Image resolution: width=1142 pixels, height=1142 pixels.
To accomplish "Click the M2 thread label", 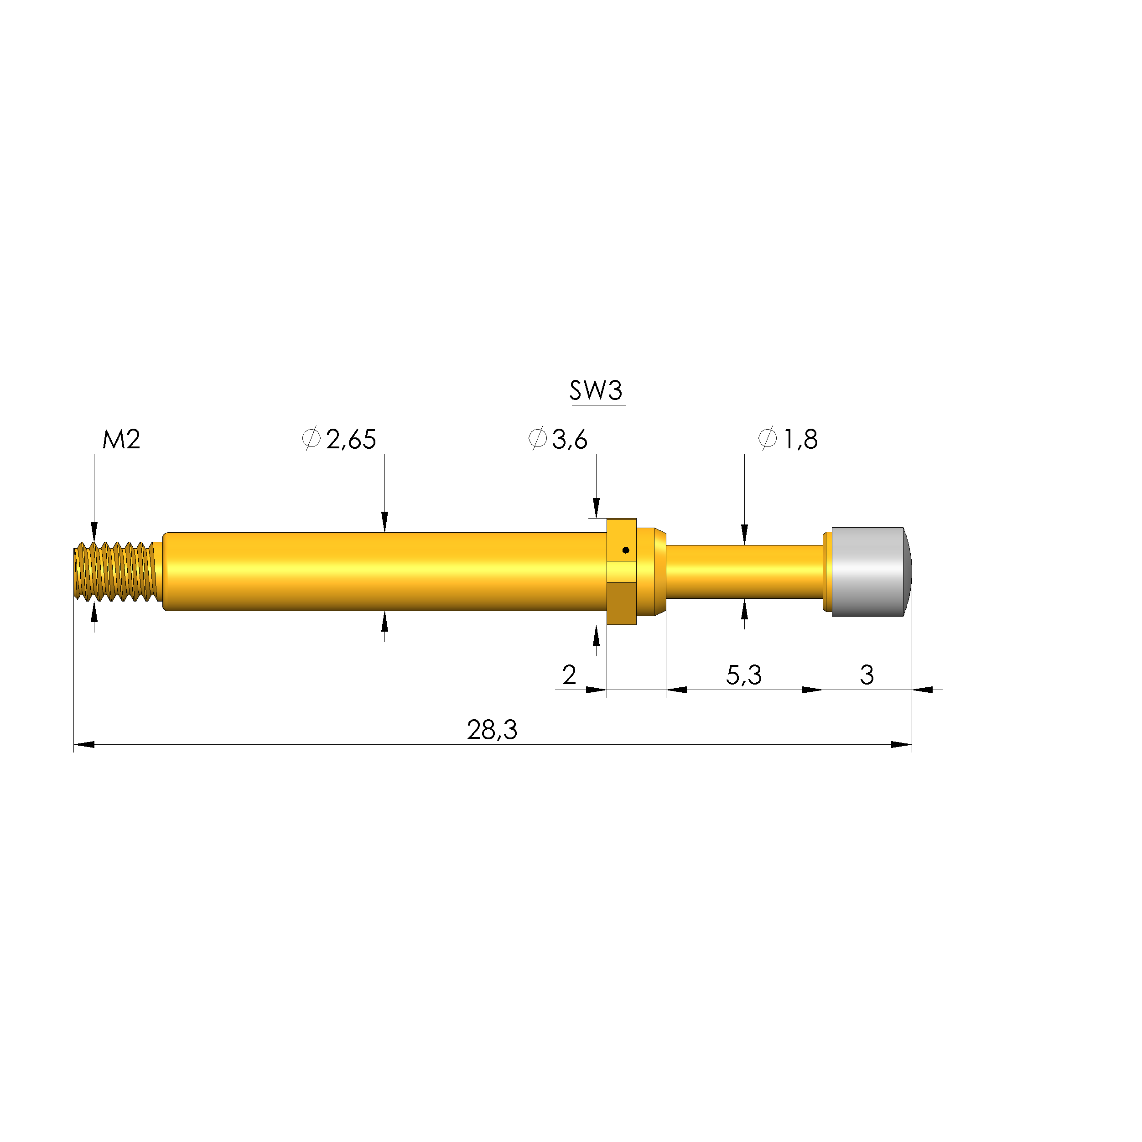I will (121, 439).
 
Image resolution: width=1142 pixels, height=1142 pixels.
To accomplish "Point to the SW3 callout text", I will (595, 391).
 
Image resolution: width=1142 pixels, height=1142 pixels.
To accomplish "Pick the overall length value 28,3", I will (492, 730).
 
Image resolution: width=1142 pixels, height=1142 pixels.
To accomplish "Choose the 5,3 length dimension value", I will (743, 675).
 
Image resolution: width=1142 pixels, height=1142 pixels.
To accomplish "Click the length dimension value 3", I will (867, 675).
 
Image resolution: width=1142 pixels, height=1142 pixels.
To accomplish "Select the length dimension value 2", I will (569, 675).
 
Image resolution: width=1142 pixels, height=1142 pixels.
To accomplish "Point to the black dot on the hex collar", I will (625, 550).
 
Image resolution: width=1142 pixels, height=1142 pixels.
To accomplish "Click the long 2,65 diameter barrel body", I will (384, 571).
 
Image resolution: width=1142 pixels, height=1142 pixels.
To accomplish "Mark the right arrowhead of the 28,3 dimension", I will (902, 745).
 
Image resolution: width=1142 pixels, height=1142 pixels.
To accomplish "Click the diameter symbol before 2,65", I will (311, 439).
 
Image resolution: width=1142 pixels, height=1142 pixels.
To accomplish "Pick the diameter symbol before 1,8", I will (767, 439).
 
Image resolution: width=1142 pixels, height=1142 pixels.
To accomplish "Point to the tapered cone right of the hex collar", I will (659, 571).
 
